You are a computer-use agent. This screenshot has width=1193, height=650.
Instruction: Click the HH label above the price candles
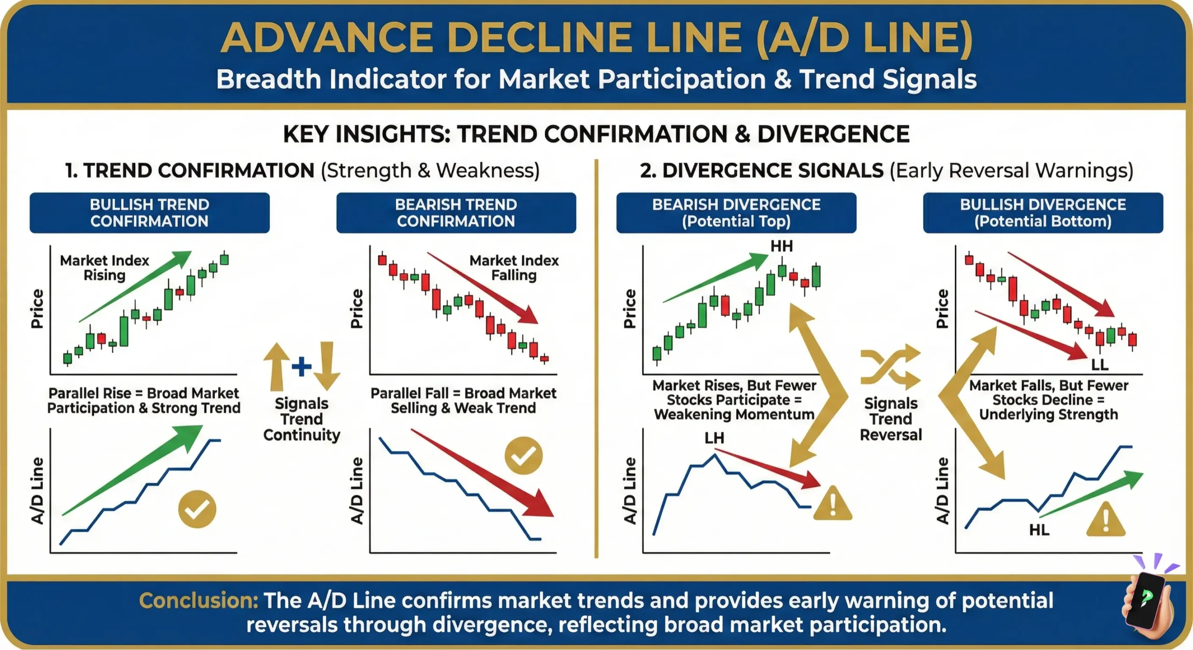coord(782,246)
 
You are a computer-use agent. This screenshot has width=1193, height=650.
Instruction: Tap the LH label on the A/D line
coord(714,438)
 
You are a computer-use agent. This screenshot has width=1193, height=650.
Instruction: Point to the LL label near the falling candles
coord(1100,365)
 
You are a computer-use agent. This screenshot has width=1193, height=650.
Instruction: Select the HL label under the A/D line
coord(1039,530)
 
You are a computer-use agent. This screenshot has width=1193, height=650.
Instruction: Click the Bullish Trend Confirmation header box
coord(150,213)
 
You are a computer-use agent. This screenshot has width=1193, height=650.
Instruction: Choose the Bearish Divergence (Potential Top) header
coord(736,213)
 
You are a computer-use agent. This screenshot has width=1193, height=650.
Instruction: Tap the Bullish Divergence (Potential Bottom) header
coord(1043,213)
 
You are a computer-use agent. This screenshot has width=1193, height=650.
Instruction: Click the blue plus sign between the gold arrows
coord(302,366)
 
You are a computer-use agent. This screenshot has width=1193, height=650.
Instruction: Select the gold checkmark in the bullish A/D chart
coord(197,509)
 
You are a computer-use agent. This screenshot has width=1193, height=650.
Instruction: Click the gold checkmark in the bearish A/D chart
coord(523,455)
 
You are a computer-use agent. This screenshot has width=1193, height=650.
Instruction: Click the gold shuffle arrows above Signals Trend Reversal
coord(890,367)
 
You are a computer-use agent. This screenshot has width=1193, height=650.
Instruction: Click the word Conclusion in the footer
coord(199,601)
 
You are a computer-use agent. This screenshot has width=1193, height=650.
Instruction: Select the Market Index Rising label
coord(104,268)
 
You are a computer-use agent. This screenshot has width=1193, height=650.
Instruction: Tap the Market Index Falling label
coord(514,268)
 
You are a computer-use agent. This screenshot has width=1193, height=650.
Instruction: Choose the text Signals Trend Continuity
coord(302,419)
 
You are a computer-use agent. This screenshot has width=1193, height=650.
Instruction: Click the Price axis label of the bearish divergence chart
coord(630,309)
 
